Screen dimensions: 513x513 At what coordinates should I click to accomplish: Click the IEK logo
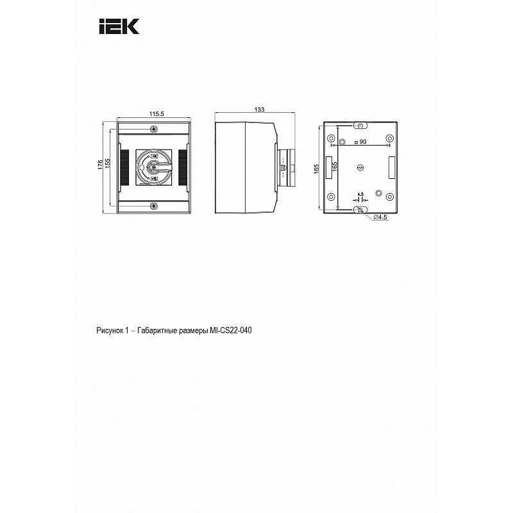119,26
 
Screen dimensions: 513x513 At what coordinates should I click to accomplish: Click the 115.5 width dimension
156,114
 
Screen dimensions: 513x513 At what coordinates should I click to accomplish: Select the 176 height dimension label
101,165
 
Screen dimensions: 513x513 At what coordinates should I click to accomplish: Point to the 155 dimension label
108,164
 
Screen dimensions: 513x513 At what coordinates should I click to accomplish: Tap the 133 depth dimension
259,110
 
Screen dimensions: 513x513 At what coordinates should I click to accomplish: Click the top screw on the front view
153,130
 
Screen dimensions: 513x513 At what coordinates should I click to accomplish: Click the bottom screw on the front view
153,206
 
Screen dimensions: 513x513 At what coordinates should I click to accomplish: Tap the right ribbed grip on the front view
183,168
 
